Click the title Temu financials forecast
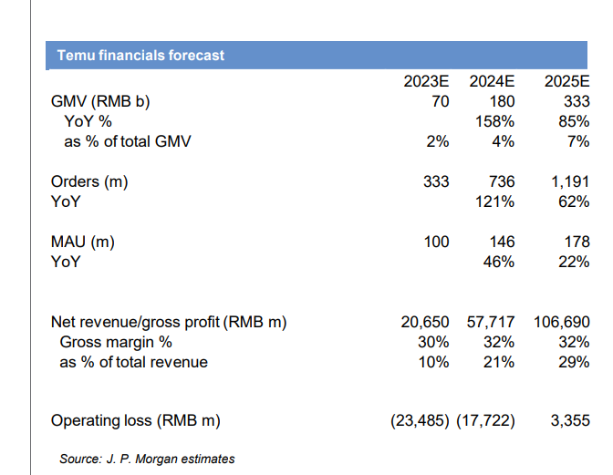coord(140,55)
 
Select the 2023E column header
coord(426,81)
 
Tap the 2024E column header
coord(492,81)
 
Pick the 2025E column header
coord(566,81)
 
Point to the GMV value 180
coord(503,101)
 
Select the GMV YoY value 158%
coord(496,121)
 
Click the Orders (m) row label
coord(89,181)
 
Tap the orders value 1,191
coord(570,181)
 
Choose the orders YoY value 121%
coord(496,201)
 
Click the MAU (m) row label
coord(84,242)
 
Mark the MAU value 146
coord(503,242)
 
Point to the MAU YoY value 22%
coord(574,262)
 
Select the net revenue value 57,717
coord(491,322)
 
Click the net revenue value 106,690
coord(558,322)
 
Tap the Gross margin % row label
coord(116,342)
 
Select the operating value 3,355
coord(570,420)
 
